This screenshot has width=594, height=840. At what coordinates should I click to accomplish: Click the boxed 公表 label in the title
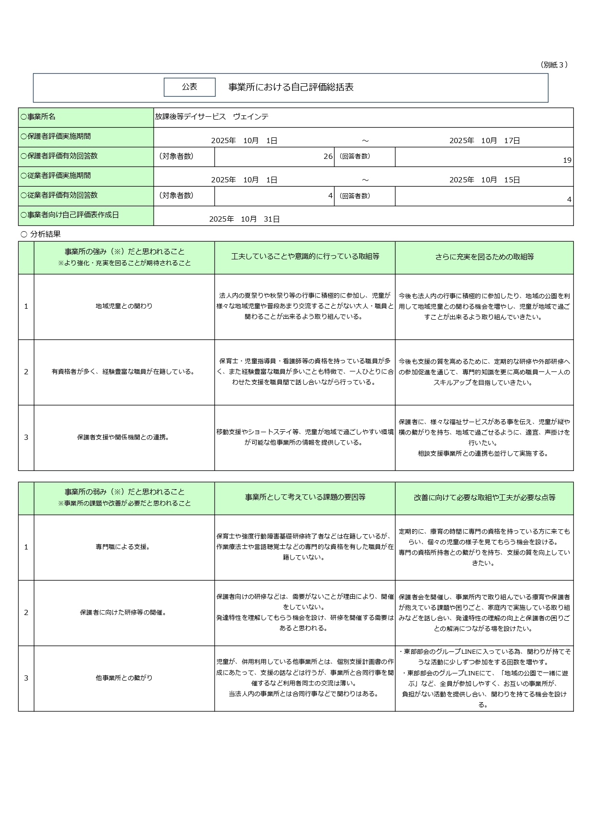[x=190, y=87]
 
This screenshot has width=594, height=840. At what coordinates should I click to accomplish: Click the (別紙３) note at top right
[x=554, y=65]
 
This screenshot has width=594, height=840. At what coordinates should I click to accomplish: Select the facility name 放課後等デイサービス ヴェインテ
[x=212, y=117]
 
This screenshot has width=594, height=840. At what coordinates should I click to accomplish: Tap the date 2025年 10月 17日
[x=484, y=141]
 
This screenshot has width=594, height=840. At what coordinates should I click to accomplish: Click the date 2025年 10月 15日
[x=484, y=180]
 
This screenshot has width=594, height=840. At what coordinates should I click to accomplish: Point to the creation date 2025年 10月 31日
[x=244, y=219]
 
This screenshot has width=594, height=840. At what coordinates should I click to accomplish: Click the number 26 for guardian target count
[x=328, y=157]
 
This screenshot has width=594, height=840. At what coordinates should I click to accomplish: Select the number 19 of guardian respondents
[x=567, y=160]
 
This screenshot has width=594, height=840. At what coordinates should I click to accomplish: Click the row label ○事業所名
[x=38, y=117]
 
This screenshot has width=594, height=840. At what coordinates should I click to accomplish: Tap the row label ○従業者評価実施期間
[x=56, y=176]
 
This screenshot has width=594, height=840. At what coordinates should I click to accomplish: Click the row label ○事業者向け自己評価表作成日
[x=69, y=215]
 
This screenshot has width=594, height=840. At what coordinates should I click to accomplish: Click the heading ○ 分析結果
[x=41, y=234]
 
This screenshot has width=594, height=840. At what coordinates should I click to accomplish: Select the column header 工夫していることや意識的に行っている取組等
[x=305, y=257]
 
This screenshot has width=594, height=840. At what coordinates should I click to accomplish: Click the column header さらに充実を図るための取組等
[x=484, y=257]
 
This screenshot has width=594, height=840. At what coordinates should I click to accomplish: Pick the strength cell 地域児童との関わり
[x=124, y=306]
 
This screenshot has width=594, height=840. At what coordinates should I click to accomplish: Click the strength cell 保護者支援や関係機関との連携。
[x=124, y=437]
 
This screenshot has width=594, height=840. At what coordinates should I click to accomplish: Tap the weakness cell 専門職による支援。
[x=124, y=547]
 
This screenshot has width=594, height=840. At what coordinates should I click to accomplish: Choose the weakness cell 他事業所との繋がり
[x=124, y=678]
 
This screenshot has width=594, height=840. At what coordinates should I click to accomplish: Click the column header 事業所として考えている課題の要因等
[x=305, y=498]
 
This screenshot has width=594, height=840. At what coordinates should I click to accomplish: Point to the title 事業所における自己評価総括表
[x=291, y=87]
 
